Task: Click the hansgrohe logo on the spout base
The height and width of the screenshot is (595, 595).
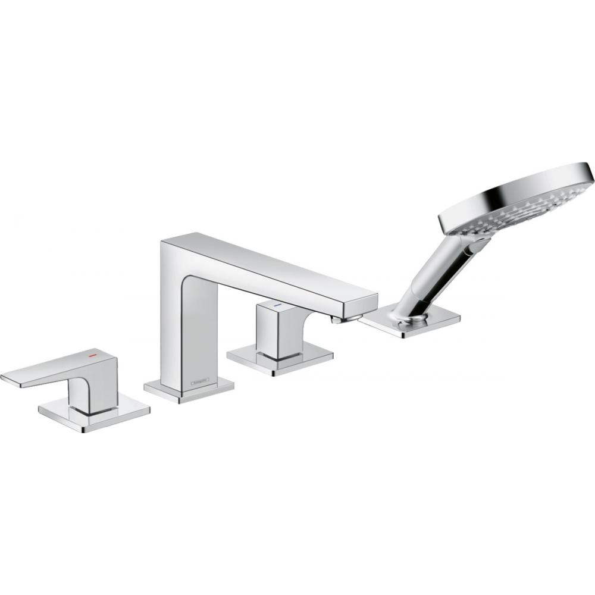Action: (x=199, y=380)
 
